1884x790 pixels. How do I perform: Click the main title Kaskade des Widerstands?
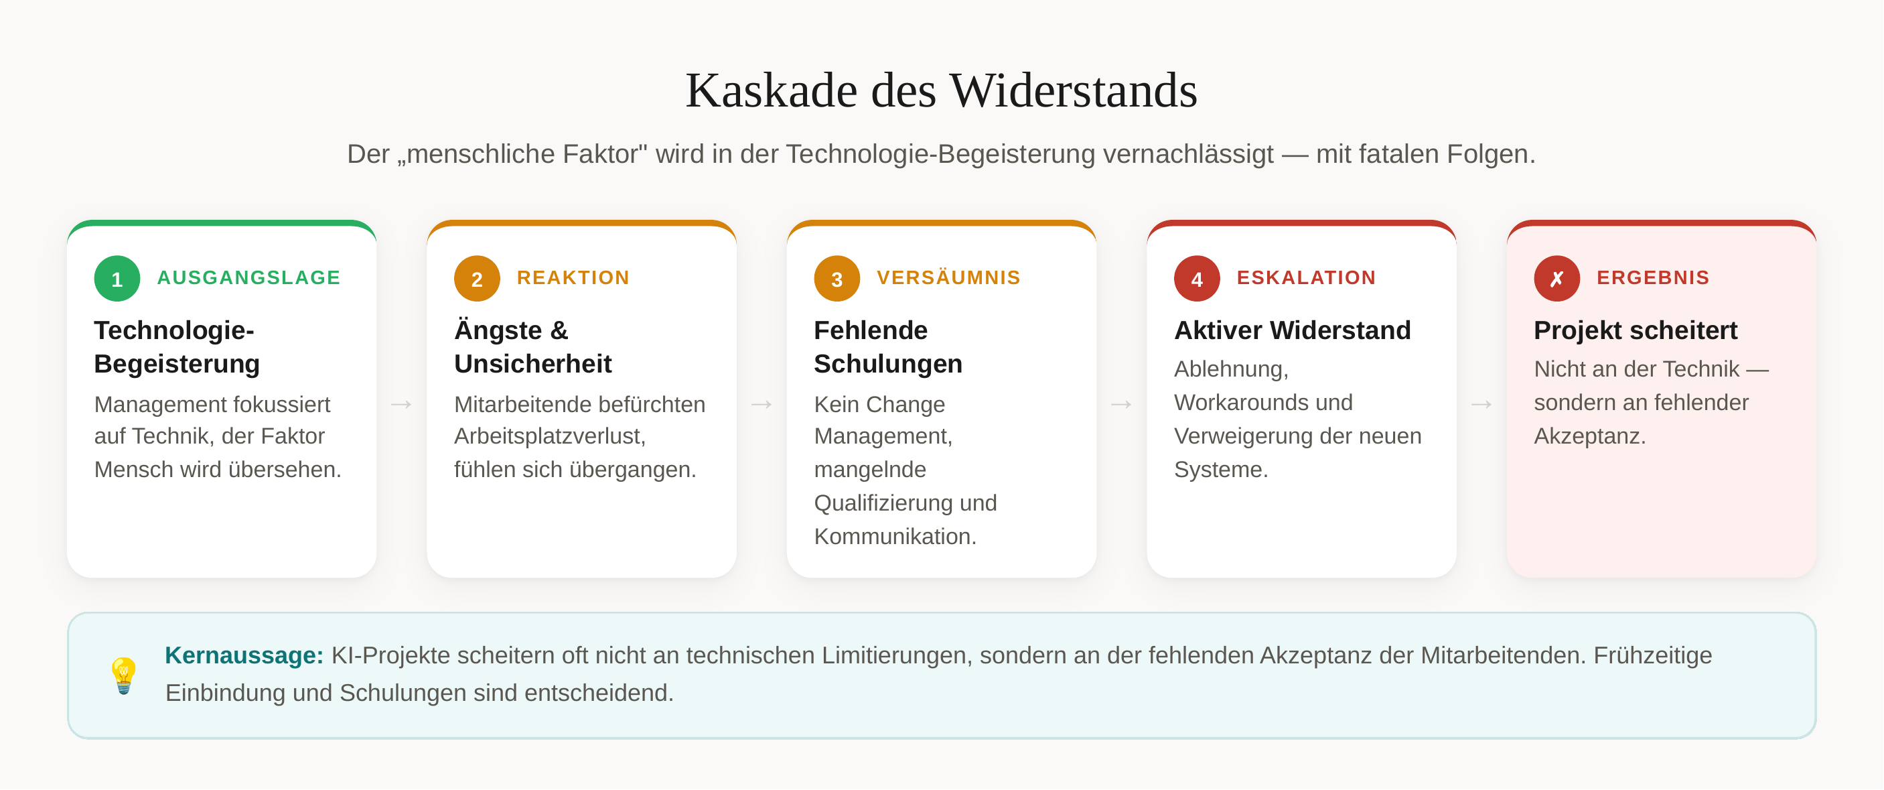coord(941,90)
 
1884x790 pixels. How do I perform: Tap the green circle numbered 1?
coord(117,279)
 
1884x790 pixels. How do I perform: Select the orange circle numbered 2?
coord(477,279)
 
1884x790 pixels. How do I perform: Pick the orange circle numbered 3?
coord(837,279)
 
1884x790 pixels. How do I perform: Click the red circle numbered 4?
coord(1197,279)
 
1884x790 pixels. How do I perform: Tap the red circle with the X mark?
coord(1556,279)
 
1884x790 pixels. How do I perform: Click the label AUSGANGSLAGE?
coord(248,278)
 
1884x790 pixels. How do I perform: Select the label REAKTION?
coord(573,278)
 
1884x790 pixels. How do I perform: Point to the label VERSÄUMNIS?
coord(948,277)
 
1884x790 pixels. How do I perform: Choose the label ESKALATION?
coord(1306,278)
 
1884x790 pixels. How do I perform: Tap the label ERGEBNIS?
coord(1653,278)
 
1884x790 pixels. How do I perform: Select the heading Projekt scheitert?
coord(1636,330)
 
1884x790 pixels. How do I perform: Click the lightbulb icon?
coord(124,675)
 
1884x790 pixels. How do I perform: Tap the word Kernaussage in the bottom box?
coord(240,655)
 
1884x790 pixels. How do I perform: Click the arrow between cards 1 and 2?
coord(402,404)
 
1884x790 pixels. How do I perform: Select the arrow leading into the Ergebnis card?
coord(1481,404)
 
